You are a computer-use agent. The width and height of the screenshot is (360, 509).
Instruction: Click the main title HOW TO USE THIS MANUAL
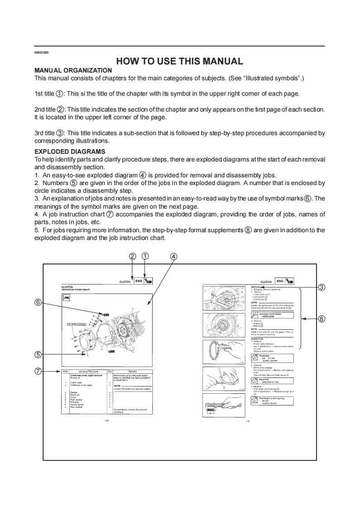[180, 61]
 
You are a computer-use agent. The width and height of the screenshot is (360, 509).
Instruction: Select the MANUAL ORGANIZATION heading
[73, 70]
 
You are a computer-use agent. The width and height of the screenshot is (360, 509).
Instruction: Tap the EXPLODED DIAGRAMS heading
[70, 152]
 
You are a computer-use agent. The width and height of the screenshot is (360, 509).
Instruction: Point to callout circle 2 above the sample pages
[132, 256]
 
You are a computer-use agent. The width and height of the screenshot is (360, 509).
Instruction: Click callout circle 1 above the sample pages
[145, 256]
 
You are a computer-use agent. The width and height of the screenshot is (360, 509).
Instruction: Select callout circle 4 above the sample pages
[173, 256]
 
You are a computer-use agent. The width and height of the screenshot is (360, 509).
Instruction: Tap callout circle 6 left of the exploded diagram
[39, 302]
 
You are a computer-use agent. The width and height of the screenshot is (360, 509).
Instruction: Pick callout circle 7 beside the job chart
[39, 371]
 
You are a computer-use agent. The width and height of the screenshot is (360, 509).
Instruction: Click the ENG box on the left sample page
[139, 281]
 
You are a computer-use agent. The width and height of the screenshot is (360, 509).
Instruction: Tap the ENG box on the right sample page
[280, 281]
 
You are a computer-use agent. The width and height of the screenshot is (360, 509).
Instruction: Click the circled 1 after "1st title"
[59, 94]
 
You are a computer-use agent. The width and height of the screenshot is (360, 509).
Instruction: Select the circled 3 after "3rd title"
[60, 133]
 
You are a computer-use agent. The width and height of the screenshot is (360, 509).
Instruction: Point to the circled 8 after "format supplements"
[248, 230]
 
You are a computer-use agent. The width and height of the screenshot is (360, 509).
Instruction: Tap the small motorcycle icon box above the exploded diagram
[66, 297]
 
